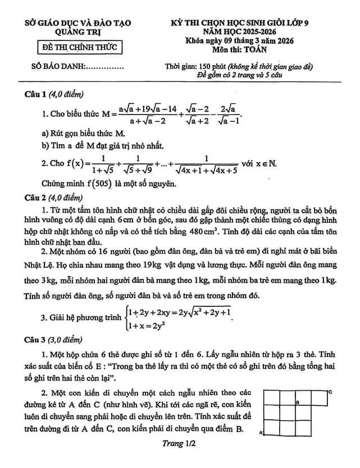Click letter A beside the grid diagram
tap(261, 433)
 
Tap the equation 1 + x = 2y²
tap(148, 325)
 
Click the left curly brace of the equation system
tap(125, 319)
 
